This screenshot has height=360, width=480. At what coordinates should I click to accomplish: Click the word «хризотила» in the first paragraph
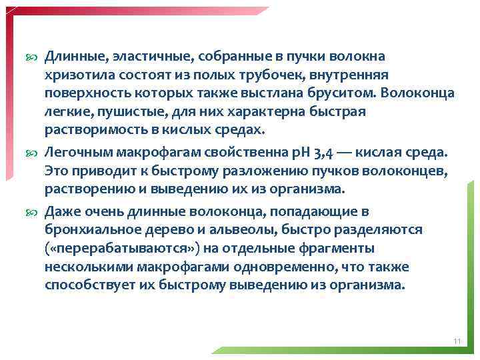pos(75,75)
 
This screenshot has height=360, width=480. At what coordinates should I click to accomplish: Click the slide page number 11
pos(457,341)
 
